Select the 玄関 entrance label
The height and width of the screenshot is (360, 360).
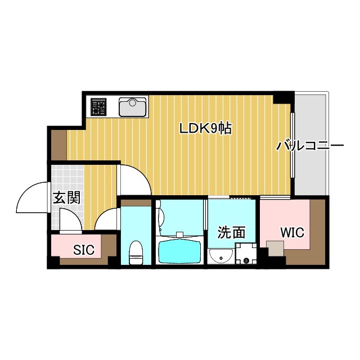click(66, 197)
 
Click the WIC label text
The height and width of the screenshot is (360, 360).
click(291, 232)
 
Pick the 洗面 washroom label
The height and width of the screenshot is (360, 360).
click(232, 232)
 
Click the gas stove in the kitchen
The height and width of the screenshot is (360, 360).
click(98, 106)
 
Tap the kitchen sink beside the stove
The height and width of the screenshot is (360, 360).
click(133, 106)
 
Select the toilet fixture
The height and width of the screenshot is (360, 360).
click(136, 253)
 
